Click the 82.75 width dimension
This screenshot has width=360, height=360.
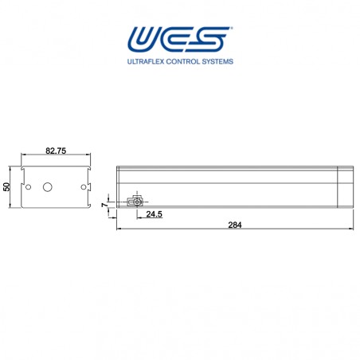(x=55, y=151)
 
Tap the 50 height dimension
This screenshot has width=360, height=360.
(x=7, y=187)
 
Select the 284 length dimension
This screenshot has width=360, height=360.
(x=234, y=225)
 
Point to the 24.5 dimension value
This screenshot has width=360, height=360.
(x=155, y=215)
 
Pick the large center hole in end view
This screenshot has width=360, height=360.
(x=46, y=187)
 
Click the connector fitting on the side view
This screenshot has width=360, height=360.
(x=136, y=201)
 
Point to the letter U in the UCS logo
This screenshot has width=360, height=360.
(x=146, y=39)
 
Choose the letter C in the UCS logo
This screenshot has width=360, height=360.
(x=180, y=39)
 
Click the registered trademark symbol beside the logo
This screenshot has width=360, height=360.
(x=232, y=29)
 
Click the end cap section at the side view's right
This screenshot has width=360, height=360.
(x=344, y=186)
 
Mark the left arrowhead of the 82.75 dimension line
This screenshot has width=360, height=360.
(x=22, y=157)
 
